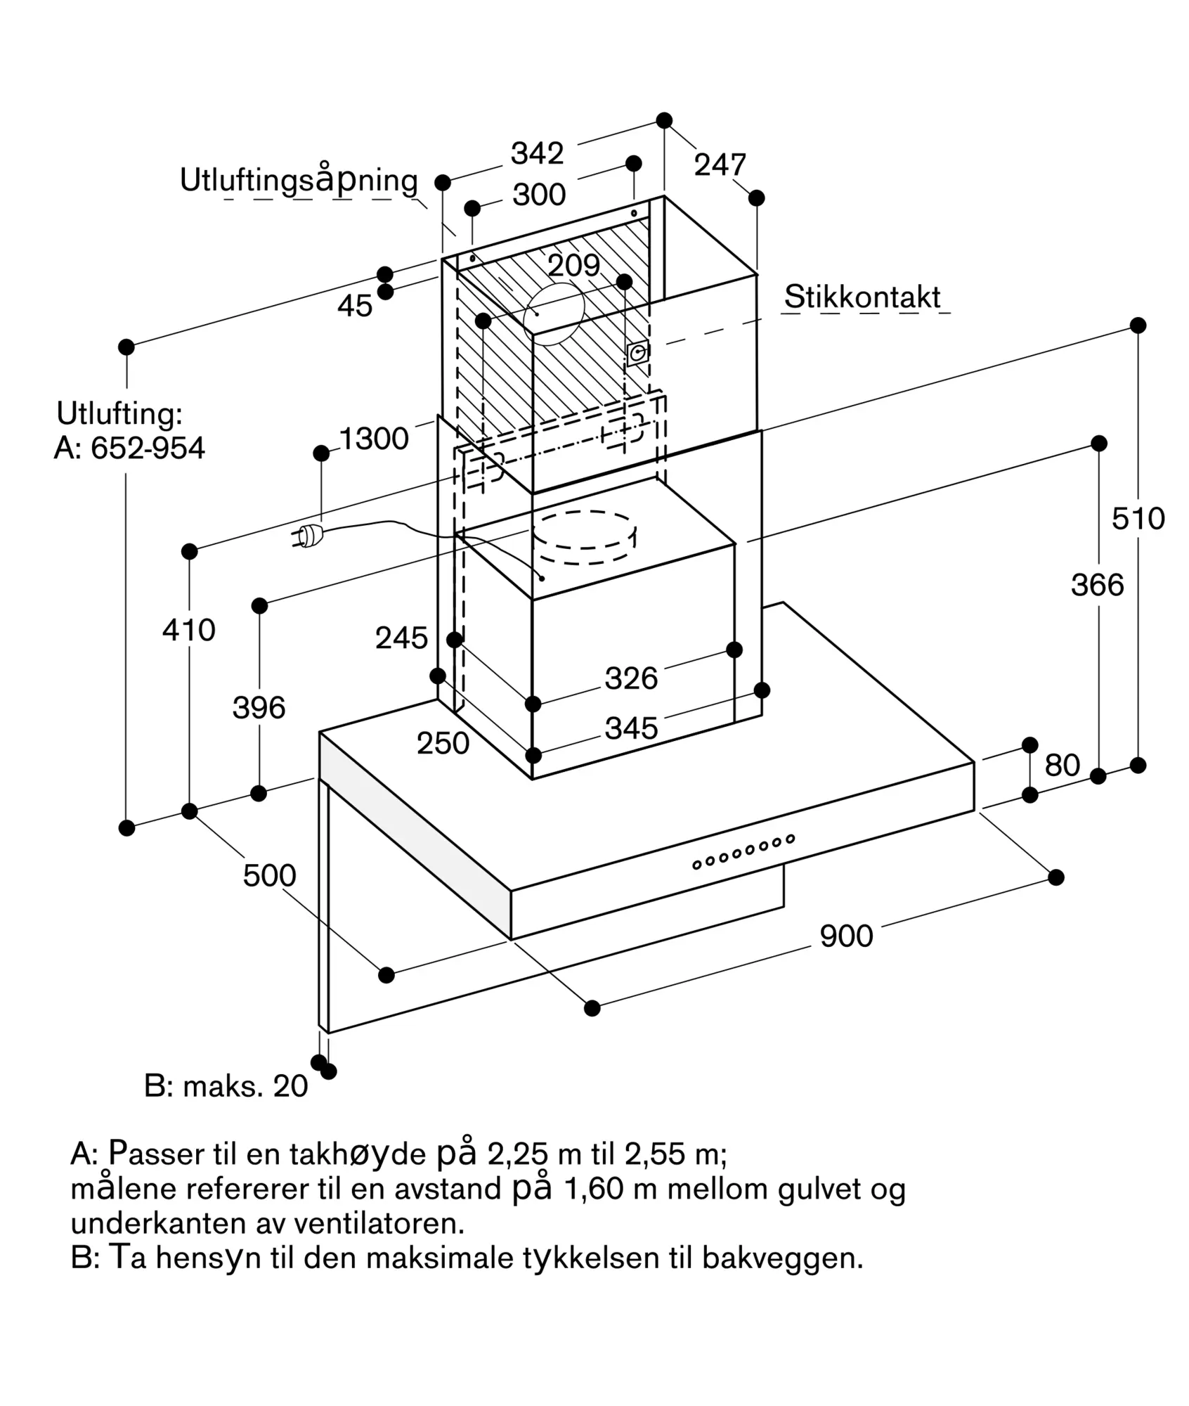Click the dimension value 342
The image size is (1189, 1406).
537,153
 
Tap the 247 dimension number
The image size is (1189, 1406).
720,165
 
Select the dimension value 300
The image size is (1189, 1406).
539,195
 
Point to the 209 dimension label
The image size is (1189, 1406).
573,265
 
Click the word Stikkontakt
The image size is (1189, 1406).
862,297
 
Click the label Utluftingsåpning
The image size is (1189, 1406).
299,181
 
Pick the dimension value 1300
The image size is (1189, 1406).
374,439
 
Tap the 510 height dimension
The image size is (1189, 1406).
1138,519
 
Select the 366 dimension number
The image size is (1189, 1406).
1097,585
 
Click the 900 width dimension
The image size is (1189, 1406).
846,936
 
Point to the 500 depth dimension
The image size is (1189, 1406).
269,876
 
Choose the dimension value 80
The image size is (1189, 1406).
1062,766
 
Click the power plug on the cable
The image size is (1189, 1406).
308,536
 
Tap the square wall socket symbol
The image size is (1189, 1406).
637,354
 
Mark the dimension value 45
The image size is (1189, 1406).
355,306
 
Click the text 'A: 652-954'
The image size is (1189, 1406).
130,449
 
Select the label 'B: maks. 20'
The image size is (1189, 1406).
226,1087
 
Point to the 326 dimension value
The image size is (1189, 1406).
631,678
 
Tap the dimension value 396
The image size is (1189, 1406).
259,708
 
